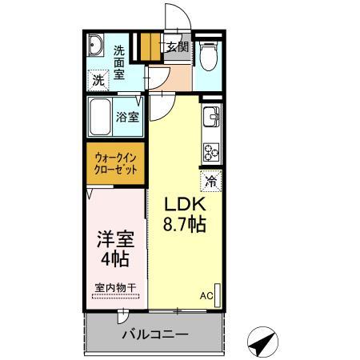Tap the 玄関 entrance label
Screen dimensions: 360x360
pos(176,47)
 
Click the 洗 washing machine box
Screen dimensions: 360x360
pos(97,79)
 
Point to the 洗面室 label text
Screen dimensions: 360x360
pos(118,60)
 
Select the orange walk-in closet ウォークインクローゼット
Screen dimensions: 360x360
pos(116,162)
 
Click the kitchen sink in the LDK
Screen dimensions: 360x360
pos(212,119)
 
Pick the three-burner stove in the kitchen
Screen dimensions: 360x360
pos(212,150)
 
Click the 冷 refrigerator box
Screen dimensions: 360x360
pos(211,180)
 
